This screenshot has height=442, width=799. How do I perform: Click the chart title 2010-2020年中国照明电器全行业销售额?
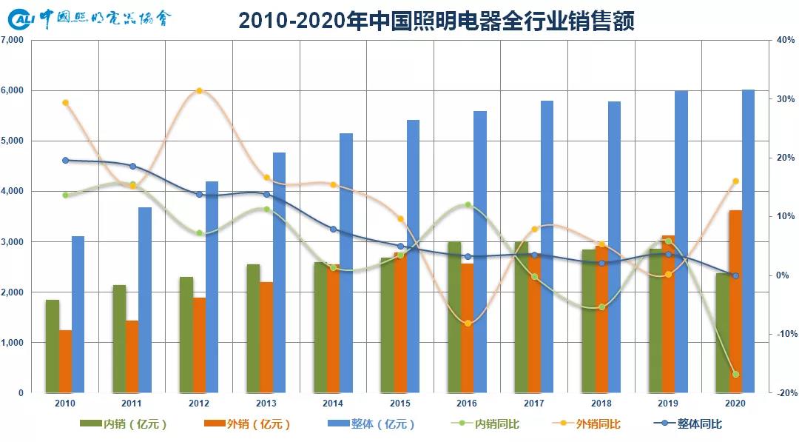tap(436, 20)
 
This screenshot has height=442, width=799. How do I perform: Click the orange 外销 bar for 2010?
tap(66, 361)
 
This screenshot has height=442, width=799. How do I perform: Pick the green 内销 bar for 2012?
tap(186, 335)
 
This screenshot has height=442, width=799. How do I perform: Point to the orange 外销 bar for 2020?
tap(735, 301)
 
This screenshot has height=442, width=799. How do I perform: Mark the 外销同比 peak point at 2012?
tap(199, 91)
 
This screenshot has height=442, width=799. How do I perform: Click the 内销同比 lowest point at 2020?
tap(735, 375)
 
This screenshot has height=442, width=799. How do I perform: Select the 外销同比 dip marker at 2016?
tap(468, 324)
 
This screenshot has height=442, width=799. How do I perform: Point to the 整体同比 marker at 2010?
tap(65, 160)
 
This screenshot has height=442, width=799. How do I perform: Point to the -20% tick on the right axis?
tap(785, 393)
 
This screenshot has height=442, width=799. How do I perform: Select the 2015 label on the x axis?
tap(399, 404)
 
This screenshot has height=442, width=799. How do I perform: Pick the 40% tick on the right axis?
tap(785, 40)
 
